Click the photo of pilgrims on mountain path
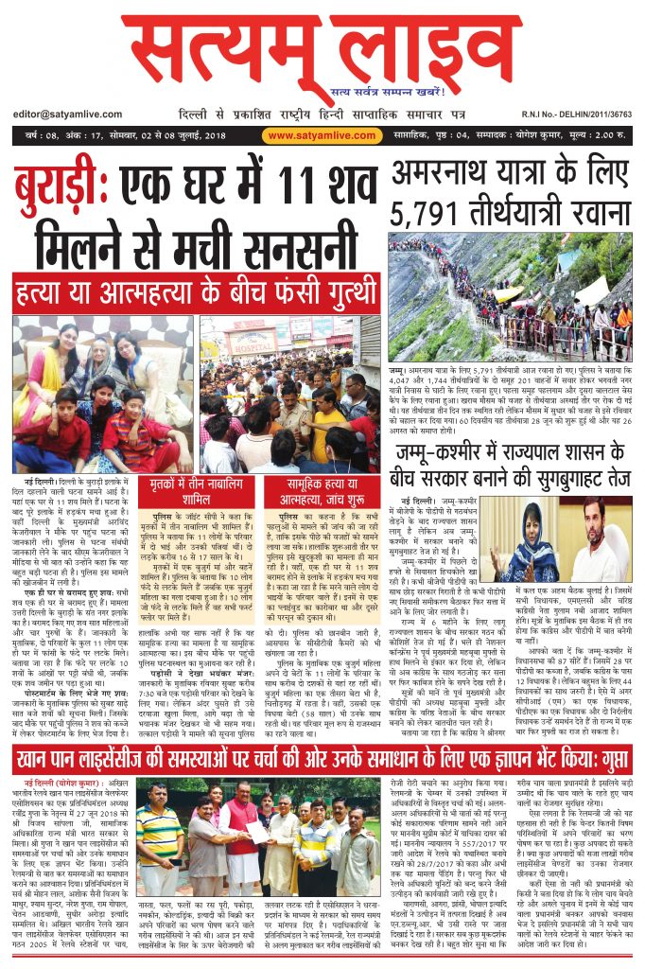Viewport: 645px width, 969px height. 510,296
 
